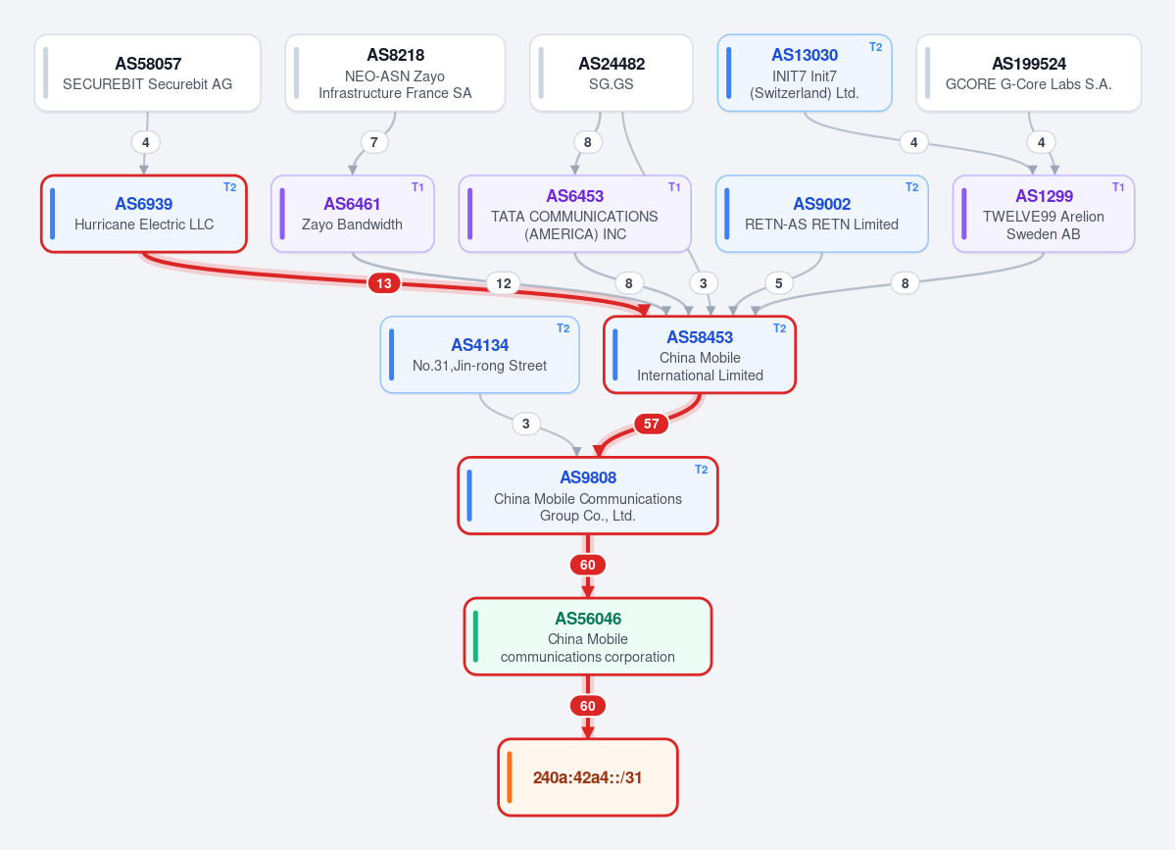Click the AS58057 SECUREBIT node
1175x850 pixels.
(148, 73)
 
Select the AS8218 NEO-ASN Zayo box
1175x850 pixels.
(395, 73)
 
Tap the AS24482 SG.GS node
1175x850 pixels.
(612, 73)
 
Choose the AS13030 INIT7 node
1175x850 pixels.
(805, 73)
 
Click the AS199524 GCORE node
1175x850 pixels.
(1029, 73)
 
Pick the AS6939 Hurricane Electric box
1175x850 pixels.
(144, 214)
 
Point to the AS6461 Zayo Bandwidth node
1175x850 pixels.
(352, 214)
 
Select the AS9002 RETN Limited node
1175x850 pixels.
(822, 214)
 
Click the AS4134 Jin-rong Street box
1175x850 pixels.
(479, 355)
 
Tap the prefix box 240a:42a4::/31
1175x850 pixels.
(588, 777)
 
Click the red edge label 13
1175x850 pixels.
(384, 283)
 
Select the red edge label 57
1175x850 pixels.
(651, 424)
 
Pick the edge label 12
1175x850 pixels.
(504, 283)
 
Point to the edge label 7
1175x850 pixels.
(374, 141)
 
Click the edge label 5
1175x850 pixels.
(778, 283)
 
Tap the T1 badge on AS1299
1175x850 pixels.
(1118, 187)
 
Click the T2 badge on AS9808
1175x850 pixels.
(702, 470)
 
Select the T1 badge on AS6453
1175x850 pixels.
(674, 187)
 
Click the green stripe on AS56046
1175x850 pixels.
(476, 636)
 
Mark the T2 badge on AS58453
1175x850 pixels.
(779, 328)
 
